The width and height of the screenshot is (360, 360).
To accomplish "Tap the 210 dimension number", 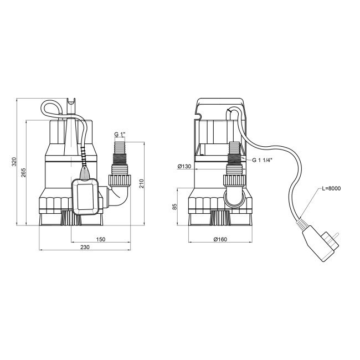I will (141, 183).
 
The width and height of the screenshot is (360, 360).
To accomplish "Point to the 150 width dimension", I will (100, 239).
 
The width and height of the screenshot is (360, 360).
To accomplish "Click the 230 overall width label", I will (85, 248).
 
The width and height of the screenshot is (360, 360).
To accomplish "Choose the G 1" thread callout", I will (120, 135).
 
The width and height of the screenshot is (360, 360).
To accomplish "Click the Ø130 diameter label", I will (184, 166).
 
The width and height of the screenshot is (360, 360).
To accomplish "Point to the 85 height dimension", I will (175, 207).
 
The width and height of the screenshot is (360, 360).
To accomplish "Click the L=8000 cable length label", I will (331, 189).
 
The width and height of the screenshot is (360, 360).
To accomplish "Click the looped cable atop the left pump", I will (51, 109).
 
